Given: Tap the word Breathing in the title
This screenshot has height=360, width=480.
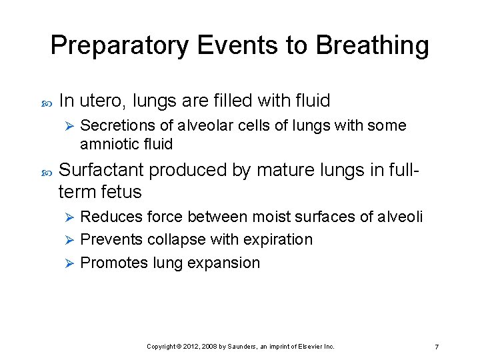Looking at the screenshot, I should point(372,46).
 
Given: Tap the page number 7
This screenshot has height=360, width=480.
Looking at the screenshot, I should point(436,347).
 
